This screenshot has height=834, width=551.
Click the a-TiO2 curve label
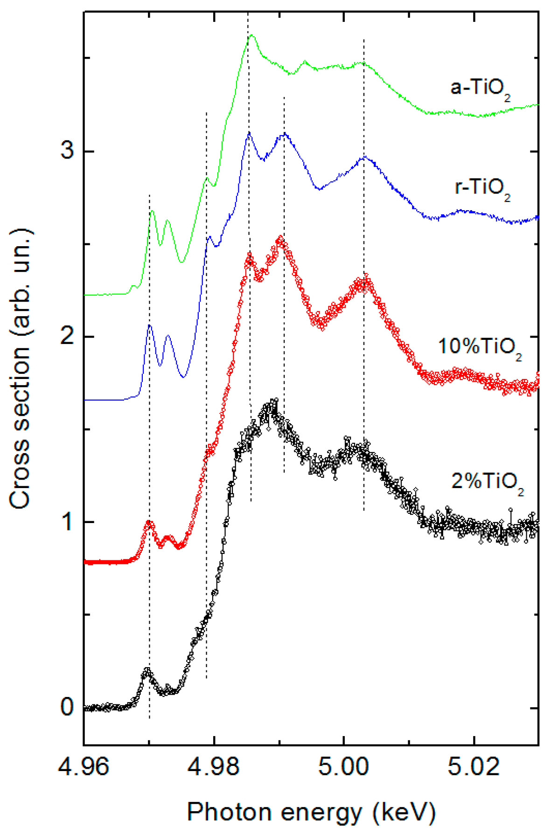click(x=480, y=89)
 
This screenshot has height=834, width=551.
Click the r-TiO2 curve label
click(x=482, y=188)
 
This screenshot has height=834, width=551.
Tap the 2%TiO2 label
click(x=488, y=482)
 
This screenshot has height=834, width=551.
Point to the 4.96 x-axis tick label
click(x=84, y=766)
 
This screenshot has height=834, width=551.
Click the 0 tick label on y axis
click(x=67, y=707)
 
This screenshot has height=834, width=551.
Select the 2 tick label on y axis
click(x=67, y=336)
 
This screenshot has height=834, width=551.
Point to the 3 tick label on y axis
click(x=67, y=151)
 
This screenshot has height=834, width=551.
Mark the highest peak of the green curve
click(x=252, y=35)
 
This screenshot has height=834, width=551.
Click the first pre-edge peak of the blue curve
click(x=149, y=325)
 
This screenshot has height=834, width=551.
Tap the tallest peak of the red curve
click(x=280, y=239)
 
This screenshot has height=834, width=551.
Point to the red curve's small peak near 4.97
click(x=149, y=523)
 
